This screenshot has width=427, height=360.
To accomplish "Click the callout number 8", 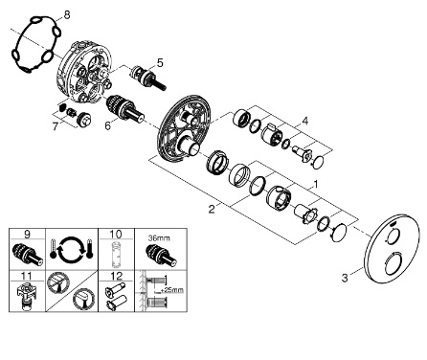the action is tap(66, 14).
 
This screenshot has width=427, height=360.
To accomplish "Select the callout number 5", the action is tap(160, 63).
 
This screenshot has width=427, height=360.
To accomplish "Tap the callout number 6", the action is tap(108, 125).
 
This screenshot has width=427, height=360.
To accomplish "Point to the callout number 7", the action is tap(56, 126).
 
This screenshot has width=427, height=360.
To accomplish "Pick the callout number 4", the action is tap(305, 122).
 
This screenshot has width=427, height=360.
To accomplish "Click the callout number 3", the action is tap(345, 278).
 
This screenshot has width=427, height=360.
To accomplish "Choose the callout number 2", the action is tap(212, 210).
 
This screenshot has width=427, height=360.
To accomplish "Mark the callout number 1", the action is tap(316, 184).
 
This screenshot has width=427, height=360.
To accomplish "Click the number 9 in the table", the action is tap(27, 235).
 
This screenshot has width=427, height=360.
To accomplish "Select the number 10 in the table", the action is tap(116, 235).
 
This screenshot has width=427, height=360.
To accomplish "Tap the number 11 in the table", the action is tap(27, 276).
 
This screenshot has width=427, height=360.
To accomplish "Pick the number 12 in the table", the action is tap(116, 276).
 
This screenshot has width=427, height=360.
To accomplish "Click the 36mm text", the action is tap(159, 238).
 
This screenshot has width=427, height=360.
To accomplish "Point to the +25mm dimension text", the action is tap(171, 290).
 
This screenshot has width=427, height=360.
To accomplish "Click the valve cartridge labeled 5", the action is tap(147, 79).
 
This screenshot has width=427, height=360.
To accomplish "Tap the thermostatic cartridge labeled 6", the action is tap(124, 107).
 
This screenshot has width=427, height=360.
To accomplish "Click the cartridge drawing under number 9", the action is tap(27, 256).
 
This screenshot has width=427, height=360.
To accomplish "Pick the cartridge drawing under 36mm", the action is tap(161, 256).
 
